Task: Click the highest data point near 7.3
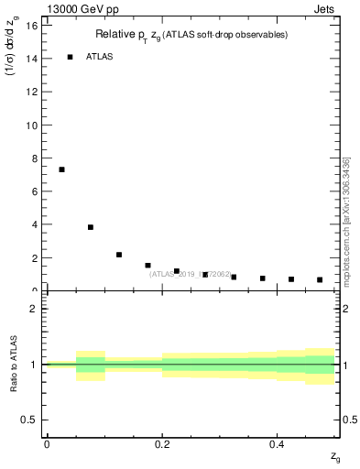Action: click(61, 169)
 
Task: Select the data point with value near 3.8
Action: click(91, 227)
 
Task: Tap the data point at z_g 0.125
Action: click(119, 255)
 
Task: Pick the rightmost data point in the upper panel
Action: click(320, 279)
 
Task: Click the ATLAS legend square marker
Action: click(70, 57)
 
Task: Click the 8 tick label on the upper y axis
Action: click(34, 158)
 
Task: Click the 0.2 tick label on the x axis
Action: click(161, 443)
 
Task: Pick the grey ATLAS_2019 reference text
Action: click(183, 273)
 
